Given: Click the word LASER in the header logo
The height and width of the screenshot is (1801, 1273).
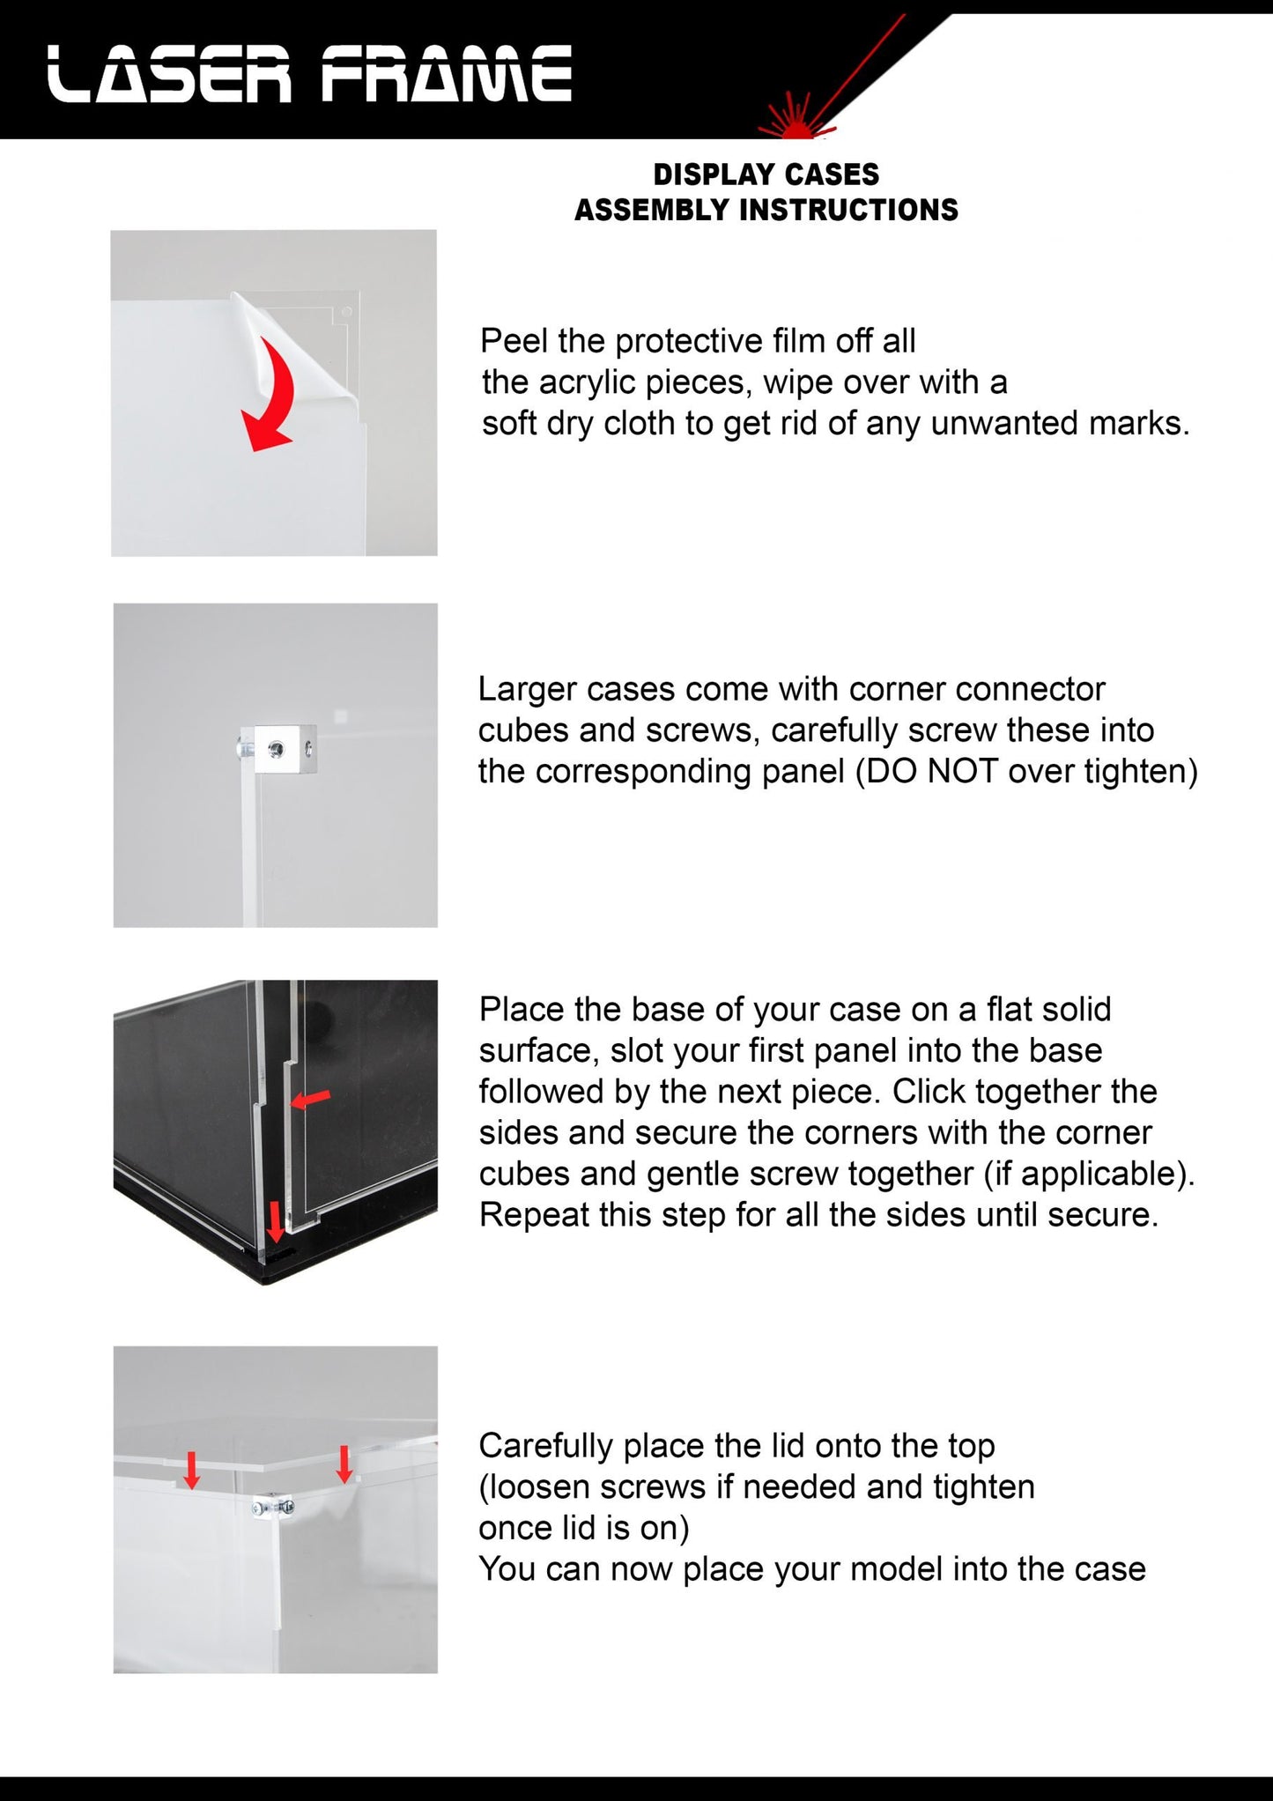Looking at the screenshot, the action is pyautogui.click(x=168, y=74).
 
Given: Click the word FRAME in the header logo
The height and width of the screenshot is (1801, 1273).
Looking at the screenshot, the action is pyautogui.click(x=447, y=74).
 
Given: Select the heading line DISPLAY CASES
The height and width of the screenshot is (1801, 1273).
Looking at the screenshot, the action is pyautogui.click(x=766, y=174).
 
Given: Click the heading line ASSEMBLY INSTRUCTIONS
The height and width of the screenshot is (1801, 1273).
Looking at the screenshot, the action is pyautogui.click(x=766, y=210).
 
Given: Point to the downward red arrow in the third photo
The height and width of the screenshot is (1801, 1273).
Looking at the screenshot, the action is pyautogui.click(x=275, y=1222).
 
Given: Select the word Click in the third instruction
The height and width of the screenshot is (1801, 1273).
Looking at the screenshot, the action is pyautogui.click(x=929, y=1092).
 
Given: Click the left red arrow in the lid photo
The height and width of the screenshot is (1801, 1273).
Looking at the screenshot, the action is pyautogui.click(x=191, y=1470).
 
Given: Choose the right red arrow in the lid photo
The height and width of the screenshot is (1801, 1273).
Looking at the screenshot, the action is pyautogui.click(x=344, y=1464).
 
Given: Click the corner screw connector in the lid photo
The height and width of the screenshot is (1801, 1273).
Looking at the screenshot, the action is pyautogui.click(x=272, y=1508).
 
